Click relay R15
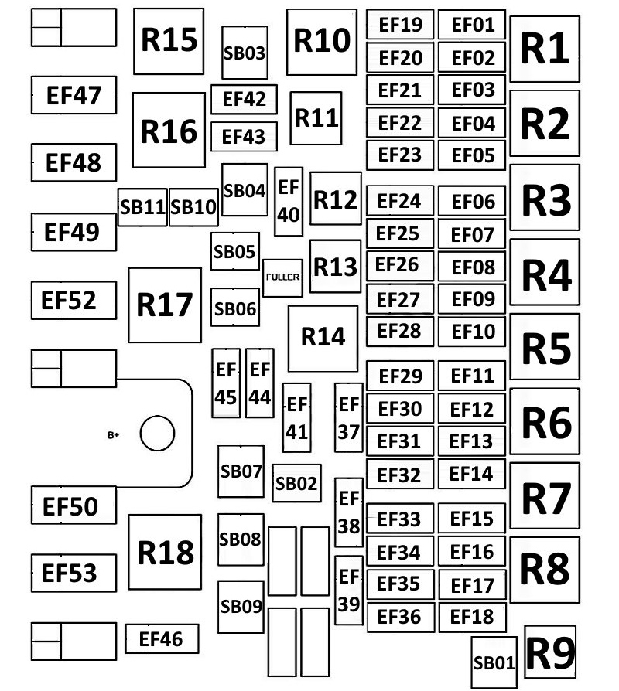(169, 41)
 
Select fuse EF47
(74, 96)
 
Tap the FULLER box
(282, 277)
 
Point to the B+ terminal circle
(156, 434)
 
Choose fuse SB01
(494, 662)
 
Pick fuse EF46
(162, 639)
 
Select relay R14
(323, 338)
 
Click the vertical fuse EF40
(289, 201)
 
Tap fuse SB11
(143, 207)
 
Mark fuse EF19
(400, 25)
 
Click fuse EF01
(472, 25)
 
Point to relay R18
(165, 552)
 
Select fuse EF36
(399, 616)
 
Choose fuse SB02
(296, 484)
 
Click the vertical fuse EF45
(226, 383)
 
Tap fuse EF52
(74, 300)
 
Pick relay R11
(316, 118)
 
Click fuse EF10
(472, 332)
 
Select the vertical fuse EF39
(349, 590)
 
